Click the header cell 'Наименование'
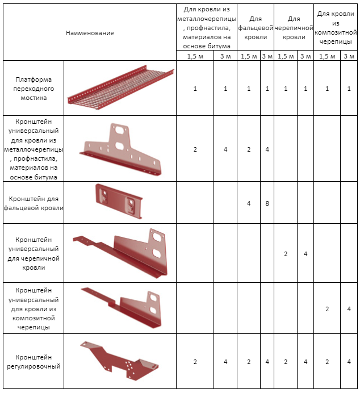click(x=90, y=33)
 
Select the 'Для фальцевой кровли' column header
click(x=256, y=28)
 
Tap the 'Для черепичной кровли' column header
click(x=294, y=28)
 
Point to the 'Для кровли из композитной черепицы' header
click(x=336, y=28)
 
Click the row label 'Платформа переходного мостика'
click(x=34, y=89)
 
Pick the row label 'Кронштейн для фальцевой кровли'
click(x=34, y=203)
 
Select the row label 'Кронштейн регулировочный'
click(x=34, y=362)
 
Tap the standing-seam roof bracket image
click(x=119, y=201)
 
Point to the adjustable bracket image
click(x=119, y=361)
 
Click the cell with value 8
click(x=267, y=203)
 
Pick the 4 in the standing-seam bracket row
click(x=249, y=203)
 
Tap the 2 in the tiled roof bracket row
click(x=286, y=254)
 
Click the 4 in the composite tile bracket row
click(x=349, y=309)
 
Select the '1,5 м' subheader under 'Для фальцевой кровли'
click(x=249, y=56)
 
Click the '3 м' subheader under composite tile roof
click(x=349, y=56)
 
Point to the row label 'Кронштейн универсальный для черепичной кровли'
click(x=34, y=253)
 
